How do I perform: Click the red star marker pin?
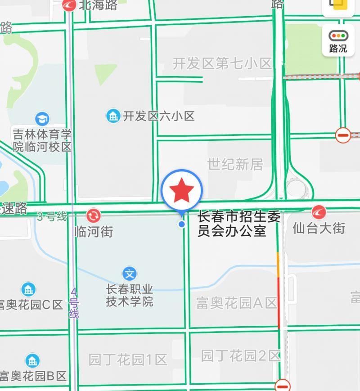[x=182, y=191]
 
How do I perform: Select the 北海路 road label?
[x=98, y=5]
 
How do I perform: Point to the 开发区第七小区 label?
[x=222, y=63]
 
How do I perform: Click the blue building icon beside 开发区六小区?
[x=113, y=116]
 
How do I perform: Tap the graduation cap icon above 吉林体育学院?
[x=42, y=119]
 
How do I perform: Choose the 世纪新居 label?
[x=235, y=164]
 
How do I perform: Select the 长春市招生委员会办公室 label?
[x=239, y=224]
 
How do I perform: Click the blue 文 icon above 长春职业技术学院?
[x=130, y=273]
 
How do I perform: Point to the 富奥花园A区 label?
[x=237, y=303]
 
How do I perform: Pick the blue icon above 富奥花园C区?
[x=28, y=289]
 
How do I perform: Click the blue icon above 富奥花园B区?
[x=32, y=360]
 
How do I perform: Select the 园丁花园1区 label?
[x=128, y=360]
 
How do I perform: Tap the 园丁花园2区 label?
[x=241, y=356]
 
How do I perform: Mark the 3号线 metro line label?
[x=52, y=217]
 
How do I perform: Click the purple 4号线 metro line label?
[x=74, y=304]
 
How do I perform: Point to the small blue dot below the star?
[x=182, y=224]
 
